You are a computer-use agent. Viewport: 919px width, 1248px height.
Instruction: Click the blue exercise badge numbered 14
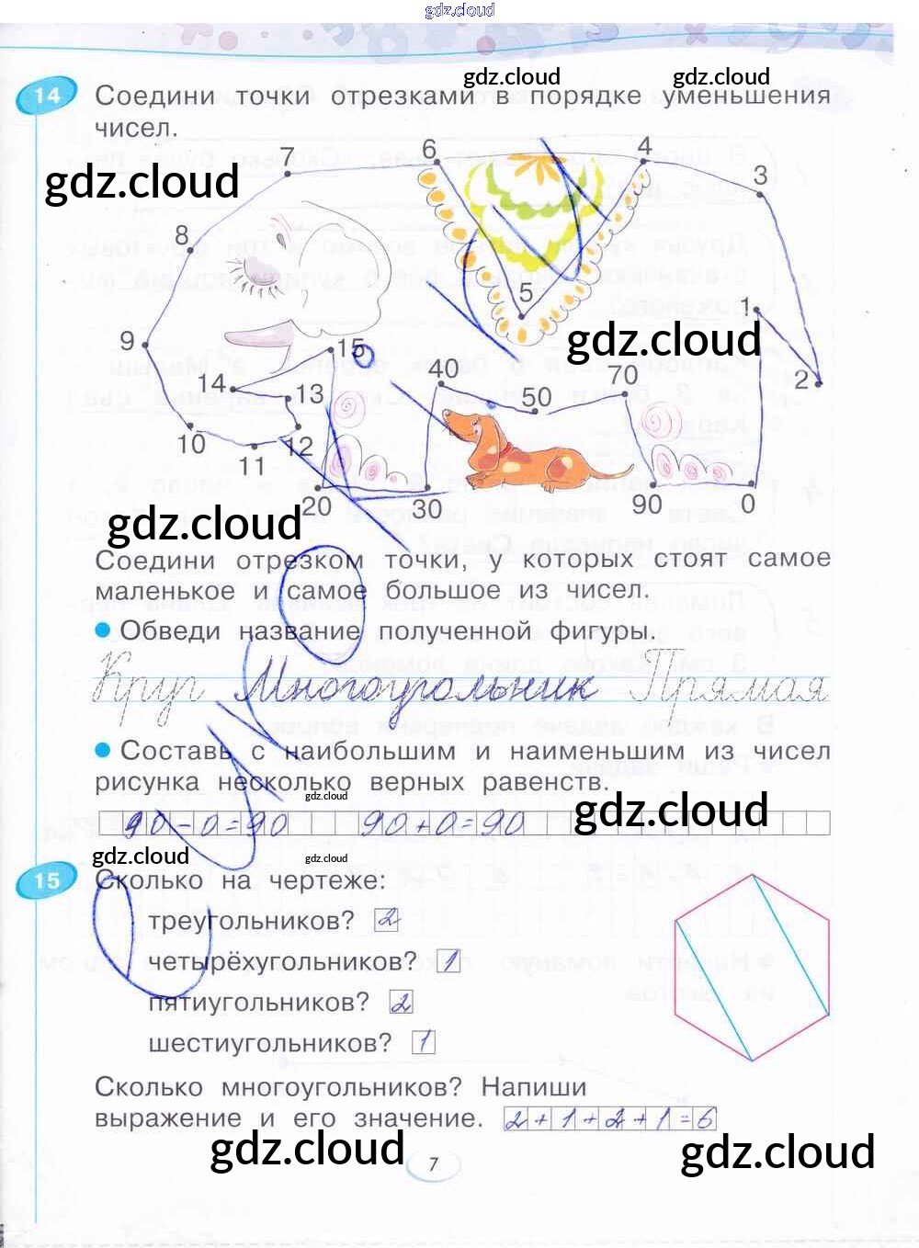[x=46, y=96]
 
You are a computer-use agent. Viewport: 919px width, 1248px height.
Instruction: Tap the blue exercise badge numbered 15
[x=46, y=880]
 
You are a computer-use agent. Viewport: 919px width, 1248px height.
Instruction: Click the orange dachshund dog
[x=511, y=450]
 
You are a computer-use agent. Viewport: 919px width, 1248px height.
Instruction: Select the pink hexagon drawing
[x=752, y=967]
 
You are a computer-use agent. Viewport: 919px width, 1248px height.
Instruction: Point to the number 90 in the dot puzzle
[x=647, y=505]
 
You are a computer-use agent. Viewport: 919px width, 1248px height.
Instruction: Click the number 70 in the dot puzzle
[x=623, y=375]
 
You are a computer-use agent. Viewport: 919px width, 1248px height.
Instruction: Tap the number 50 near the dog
[x=537, y=397]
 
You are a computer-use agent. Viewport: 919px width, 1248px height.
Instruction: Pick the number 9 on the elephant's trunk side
[x=127, y=341]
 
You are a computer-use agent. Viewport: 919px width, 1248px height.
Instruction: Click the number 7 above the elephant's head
[x=288, y=156]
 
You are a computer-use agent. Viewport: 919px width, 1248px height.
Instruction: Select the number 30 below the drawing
[x=426, y=508]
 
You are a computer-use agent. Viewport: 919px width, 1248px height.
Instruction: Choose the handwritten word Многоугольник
[x=414, y=685]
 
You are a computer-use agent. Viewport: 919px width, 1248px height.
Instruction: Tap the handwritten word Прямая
[x=731, y=682]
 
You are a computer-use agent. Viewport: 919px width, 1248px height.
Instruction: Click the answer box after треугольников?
[x=387, y=919]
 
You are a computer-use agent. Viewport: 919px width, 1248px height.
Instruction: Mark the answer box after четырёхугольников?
[x=448, y=961]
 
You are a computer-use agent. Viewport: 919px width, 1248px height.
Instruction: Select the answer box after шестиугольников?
[x=423, y=1042]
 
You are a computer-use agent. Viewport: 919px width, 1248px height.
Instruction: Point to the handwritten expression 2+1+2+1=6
[x=610, y=1118]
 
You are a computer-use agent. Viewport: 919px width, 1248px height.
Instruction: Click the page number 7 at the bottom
[x=434, y=1163]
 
